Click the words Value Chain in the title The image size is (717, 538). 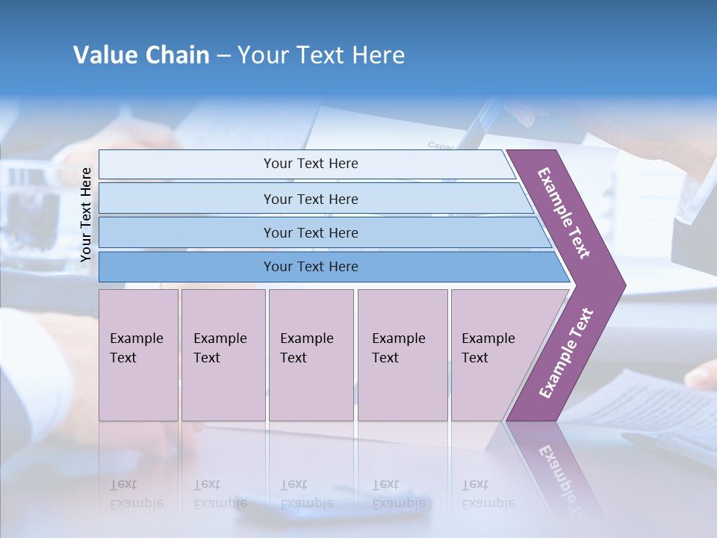point(141,55)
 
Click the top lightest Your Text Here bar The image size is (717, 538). point(310,164)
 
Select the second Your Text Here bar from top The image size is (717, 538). point(310,199)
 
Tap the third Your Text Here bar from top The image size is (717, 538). point(310,232)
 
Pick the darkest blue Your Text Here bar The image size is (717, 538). point(310,267)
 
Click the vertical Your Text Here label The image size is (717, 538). point(86,214)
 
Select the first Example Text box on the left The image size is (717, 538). point(138,354)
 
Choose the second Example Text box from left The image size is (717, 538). point(223,354)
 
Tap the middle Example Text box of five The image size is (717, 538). point(311,354)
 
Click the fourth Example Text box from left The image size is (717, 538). point(402,354)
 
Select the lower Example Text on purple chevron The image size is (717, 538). point(565,353)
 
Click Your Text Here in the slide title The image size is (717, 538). point(321,55)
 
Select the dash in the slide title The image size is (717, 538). point(223,55)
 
